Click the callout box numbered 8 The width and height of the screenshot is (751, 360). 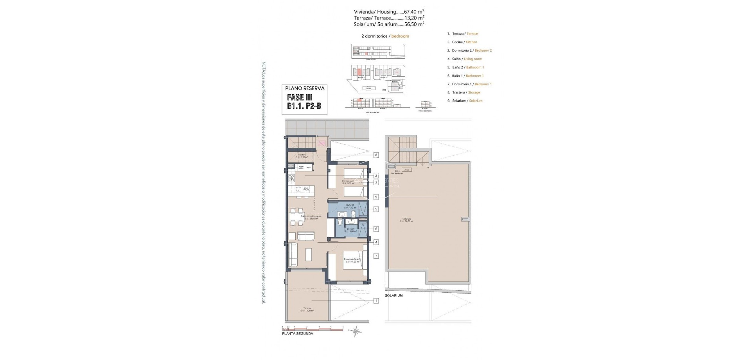pyautogui.click(x=376, y=155)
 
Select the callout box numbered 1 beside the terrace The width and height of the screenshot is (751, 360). pyautogui.click(x=376, y=301)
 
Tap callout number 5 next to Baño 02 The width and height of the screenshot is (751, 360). pyautogui.click(x=376, y=209)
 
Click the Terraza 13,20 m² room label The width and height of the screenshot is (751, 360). pyautogui.click(x=307, y=309)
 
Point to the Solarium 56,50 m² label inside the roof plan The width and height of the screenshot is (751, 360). pyautogui.click(x=406, y=220)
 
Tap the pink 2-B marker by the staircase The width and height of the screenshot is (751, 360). pyautogui.click(x=322, y=143)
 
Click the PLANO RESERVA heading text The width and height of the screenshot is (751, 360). pyautogui.click(x=305, y=88)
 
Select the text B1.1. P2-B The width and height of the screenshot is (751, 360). pyautogui.click(x=305, y=106)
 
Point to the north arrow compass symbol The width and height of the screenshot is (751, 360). pyautogui.click(x=356, y=331)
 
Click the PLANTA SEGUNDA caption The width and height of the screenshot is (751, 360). pyautogui.click(x=297, y=334)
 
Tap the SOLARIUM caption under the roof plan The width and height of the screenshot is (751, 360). pyautogui.click(x=393, y=295)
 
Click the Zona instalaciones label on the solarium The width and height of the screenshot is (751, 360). pyautogui.click(x=399, y=172)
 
